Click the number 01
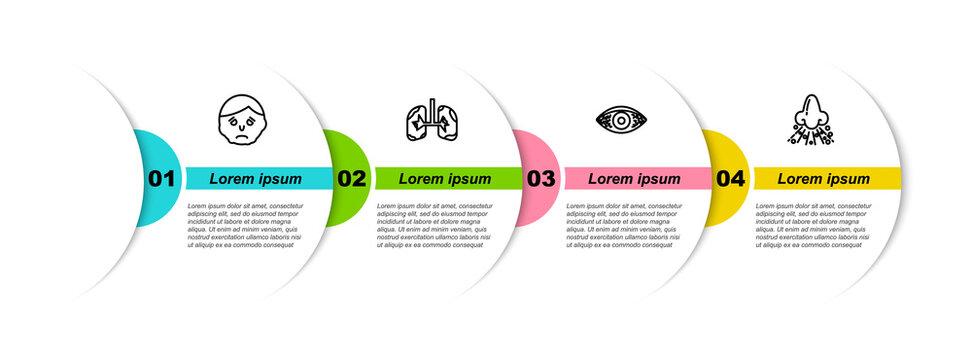click(x=161, y=179)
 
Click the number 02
click(x=351, y=179)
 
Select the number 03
click(x=541, y=179)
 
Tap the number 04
click(x=731, y=179)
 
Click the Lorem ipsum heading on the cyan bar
click(x=255, y=179)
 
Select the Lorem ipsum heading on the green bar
click(x=445, y=179)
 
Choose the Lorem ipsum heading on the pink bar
click(x=634, y=179)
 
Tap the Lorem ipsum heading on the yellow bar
click(x=824, y=179)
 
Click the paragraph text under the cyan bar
click(x=245, y=225)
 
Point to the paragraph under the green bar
click(x=435, y=225)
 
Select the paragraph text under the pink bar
click(x=624, y=225)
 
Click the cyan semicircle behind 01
click(x=150, y=150)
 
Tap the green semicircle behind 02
click(x=340, y=150)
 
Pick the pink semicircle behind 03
click(x=530, y=150)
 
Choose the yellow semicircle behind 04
click(x=720, y=150)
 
